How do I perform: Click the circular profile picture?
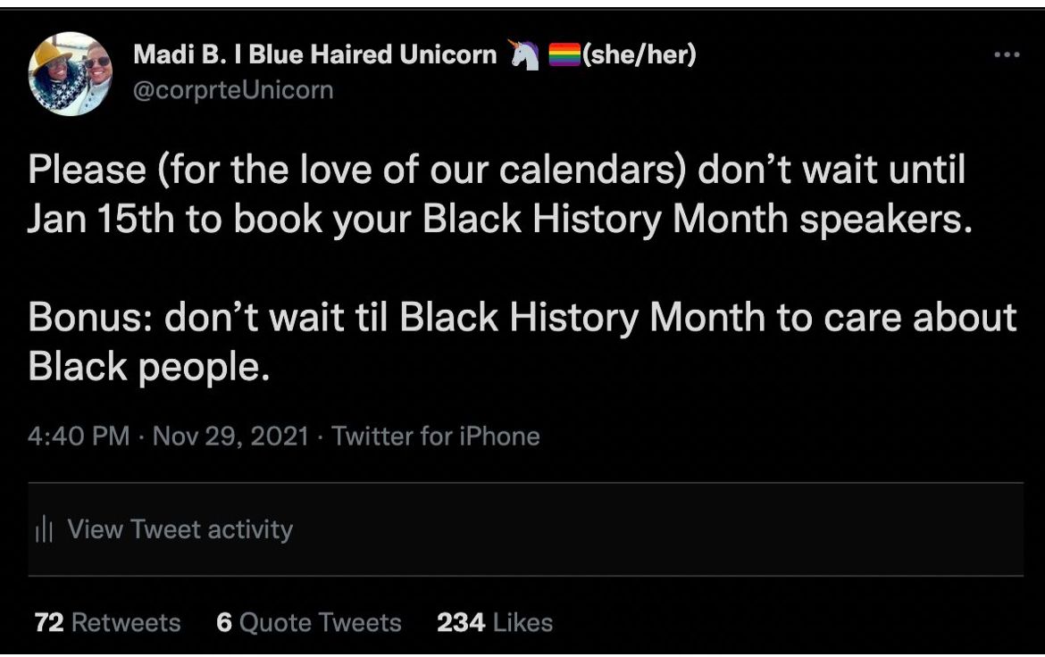[x=70, y=74]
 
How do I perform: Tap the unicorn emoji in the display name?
[x=524, y=54]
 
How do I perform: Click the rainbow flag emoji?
[x=564, y=54]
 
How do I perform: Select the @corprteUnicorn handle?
[x=233, y=90]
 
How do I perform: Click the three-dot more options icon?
[x=1007, y=54]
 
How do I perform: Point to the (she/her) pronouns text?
[x=640, y=54]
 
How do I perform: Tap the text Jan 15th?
[x=101, y=219]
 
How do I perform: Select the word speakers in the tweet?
[x=886, y=220]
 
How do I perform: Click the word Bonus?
[x=90, y=317]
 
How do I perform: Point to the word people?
[x=204, y=368]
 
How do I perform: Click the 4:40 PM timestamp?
[x=79, y=436]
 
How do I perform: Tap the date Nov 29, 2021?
[x=230, y=437]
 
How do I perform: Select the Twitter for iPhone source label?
[x=436, y=436]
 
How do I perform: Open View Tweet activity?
[x=180, y=529]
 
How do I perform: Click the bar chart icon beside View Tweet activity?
[x=44, y=529]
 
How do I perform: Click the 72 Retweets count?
[x=107, y=622]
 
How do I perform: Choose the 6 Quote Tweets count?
[x=308, y=622]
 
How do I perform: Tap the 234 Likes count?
[x=495, y=622]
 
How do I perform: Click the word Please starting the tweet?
[x=88, y=170]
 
